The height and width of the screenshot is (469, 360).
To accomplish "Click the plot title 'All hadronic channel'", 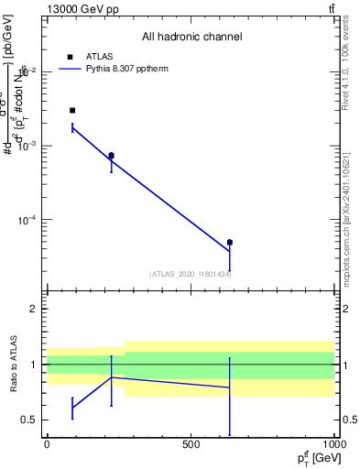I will click(191, 37).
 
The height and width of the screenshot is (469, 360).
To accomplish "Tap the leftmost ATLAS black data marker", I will click(72, 110).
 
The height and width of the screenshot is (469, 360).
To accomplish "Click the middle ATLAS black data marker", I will click(111, 156).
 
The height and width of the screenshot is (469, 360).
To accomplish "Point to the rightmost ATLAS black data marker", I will click(230, 243).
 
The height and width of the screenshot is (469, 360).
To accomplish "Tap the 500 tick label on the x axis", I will click(191, 444).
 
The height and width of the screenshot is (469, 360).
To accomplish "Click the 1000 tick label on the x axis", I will click(332, 444).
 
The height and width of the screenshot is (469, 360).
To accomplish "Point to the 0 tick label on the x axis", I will click(46, 444).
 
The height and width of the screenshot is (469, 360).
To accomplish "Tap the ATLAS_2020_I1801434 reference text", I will click(191, 274).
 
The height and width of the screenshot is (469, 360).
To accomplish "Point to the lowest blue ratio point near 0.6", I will click(72, 408).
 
